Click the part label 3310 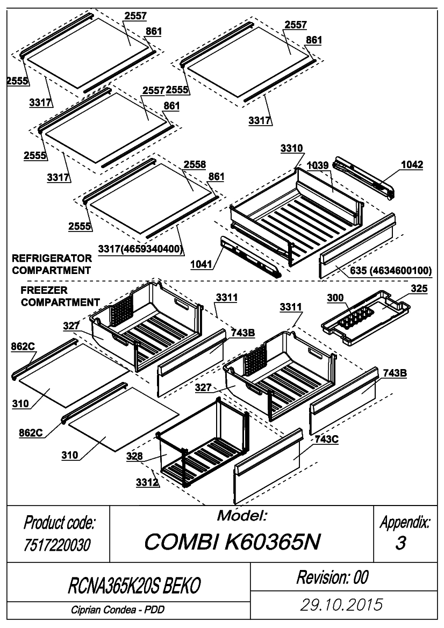click(x=292, y=149)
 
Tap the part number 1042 click(x=412, y=164)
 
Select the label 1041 click(x=201, y=264)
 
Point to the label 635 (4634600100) click(x=391, y=271)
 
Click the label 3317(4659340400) click(x=141, y=249)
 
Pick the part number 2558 click(x=195, y=164)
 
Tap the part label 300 click(x=335, y=298)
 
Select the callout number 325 click(x=419, y=289)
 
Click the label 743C click(x=326, y=439)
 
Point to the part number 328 click(x=134, y=456)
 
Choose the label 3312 click(x=147, y=482)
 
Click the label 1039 click(x=318, y=165)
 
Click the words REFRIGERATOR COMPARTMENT click(x=52, y=264)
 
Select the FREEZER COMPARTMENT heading click(x=60, y=297)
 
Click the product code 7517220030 click(x=57, y=545)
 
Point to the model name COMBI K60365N click(x=232, y=542)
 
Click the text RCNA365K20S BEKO click(x=134, y=586)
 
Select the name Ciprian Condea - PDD click(x=118, y=610)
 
